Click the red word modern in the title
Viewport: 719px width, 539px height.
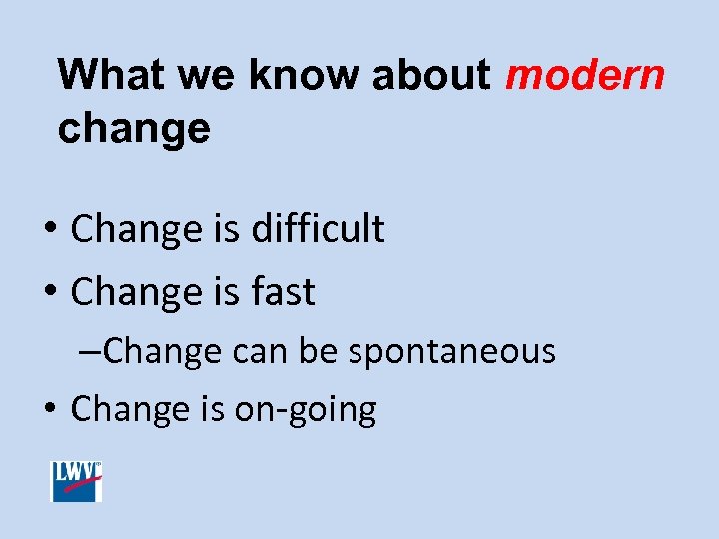click(585, 76)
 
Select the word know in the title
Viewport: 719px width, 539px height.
click(292, 76)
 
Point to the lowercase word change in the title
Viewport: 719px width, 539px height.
click(134, 129)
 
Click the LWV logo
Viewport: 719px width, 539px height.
click(77, 482)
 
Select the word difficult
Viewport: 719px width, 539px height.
click(319, 229)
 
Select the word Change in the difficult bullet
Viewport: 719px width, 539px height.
click(136, 229)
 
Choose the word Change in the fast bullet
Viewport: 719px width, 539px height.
click(136, 292)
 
